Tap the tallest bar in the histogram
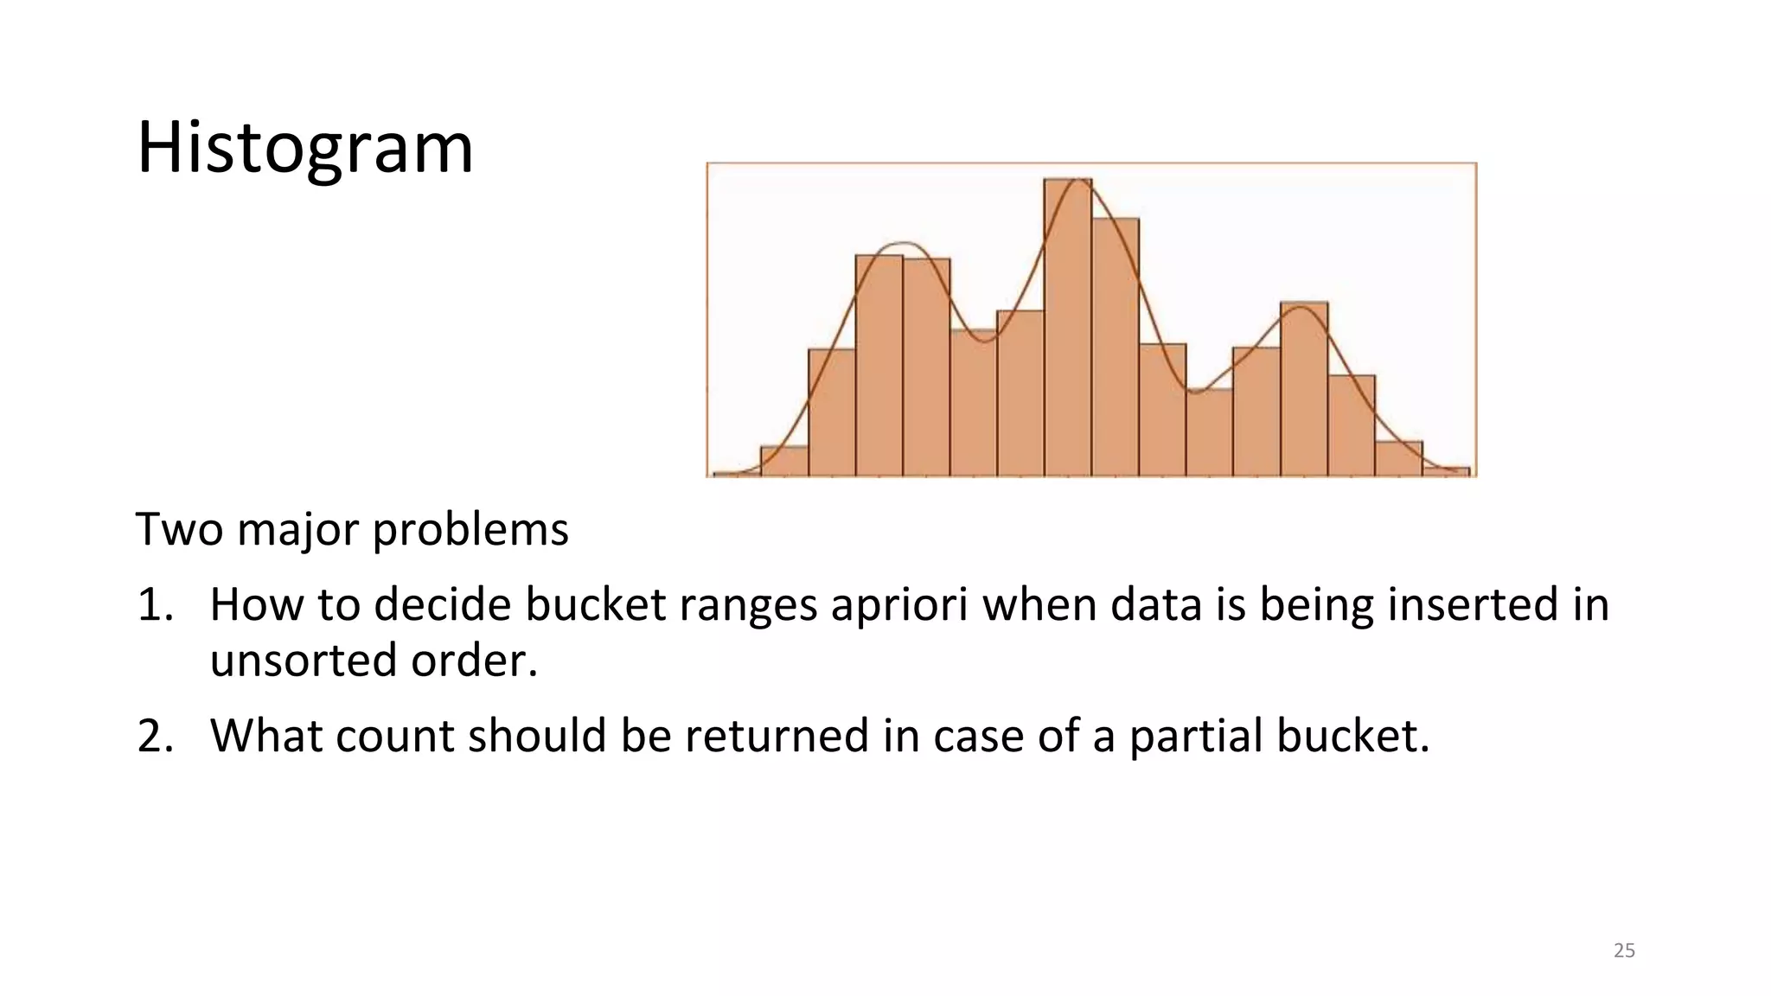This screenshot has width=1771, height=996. click(1067, 329)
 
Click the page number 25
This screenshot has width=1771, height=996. click(1624, 950)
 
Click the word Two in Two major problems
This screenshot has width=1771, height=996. click(179, 529)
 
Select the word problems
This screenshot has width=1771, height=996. click(470, 531)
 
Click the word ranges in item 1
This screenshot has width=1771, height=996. click(747, 606)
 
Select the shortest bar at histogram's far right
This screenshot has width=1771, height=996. click(1446, 472)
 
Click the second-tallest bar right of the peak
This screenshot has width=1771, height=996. click(1115, 346)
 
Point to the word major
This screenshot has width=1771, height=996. click(297, 531)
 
